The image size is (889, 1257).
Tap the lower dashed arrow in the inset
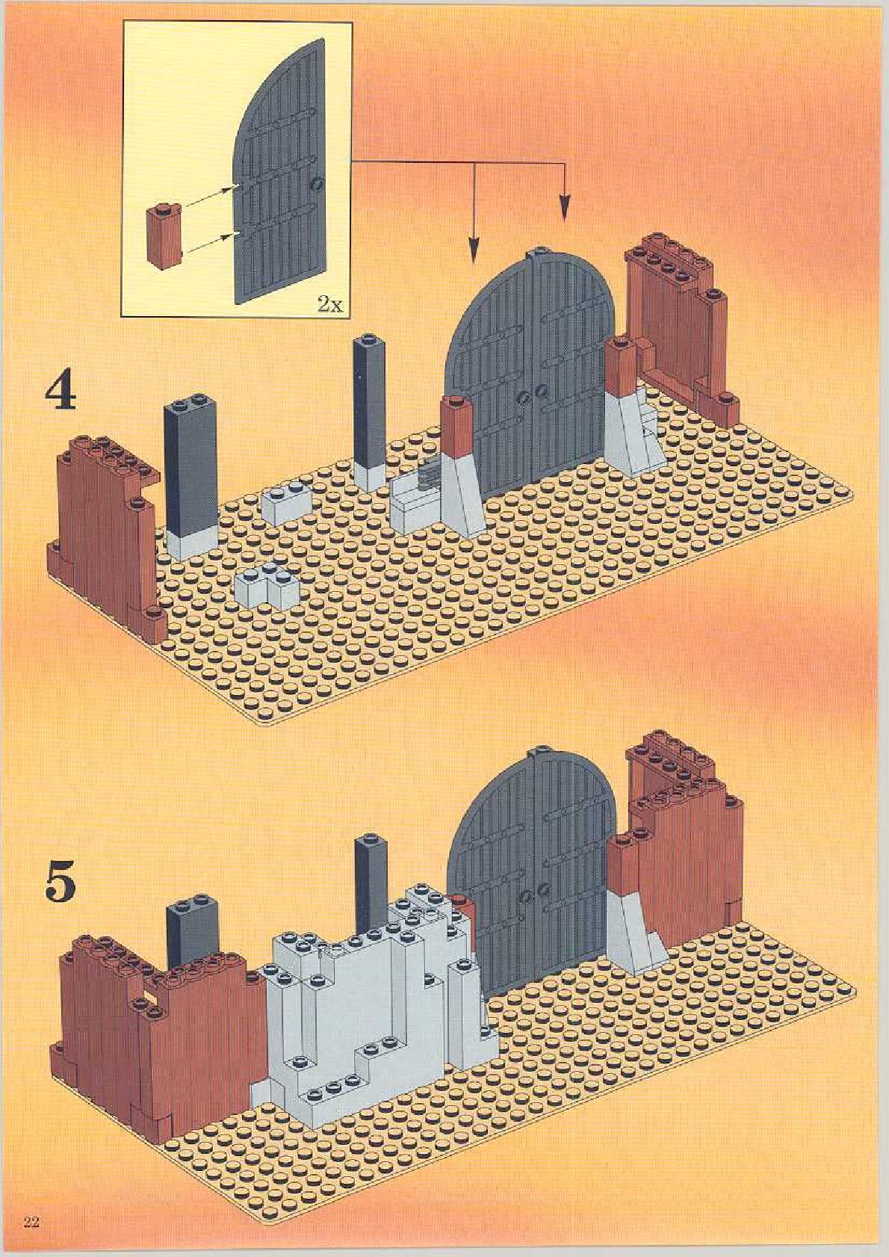pyautogui.click(x=209, y=241)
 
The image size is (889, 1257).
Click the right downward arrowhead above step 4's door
pyautogui.click(x=565, y=206)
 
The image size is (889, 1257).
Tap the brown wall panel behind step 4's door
pyautogui.click(x=681, y=337)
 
